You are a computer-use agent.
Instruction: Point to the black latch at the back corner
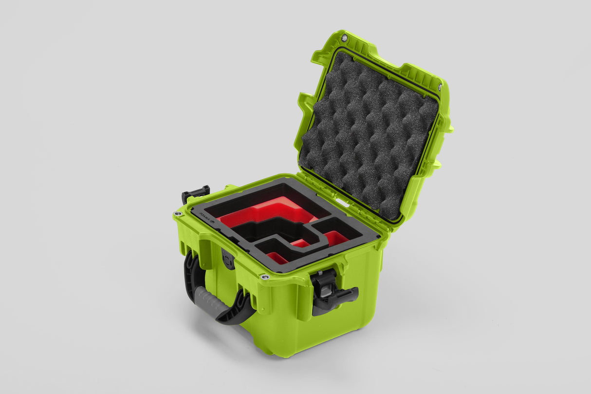click(196, 193)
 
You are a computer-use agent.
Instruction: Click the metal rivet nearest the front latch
click(265, 277)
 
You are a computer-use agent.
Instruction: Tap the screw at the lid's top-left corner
click(344, 38)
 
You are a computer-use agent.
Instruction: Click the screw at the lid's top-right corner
click(440, 87)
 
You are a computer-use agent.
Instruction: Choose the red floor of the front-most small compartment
click(276, 257)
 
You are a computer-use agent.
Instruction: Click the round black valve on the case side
click(227, 259)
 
